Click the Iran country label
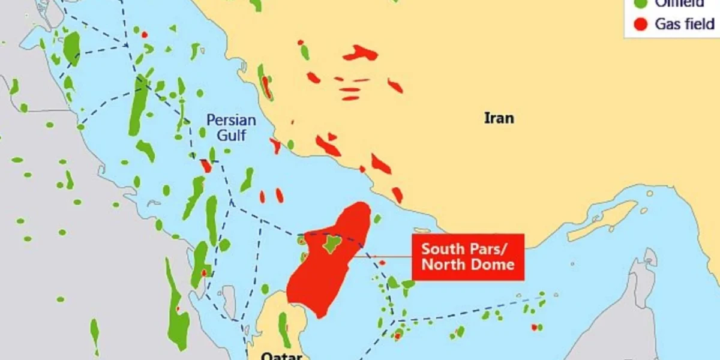[x=499, y=118]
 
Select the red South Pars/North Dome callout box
[x=468, y=257]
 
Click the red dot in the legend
[x=641, y=24]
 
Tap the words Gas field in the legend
[x=685, y=24]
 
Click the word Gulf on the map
[x=231, y=135]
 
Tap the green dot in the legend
[x=641, y=4]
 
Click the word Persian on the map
[x=231, y=119]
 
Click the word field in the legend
[x=699, y=24]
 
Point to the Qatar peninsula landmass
[x=270, y=318]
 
